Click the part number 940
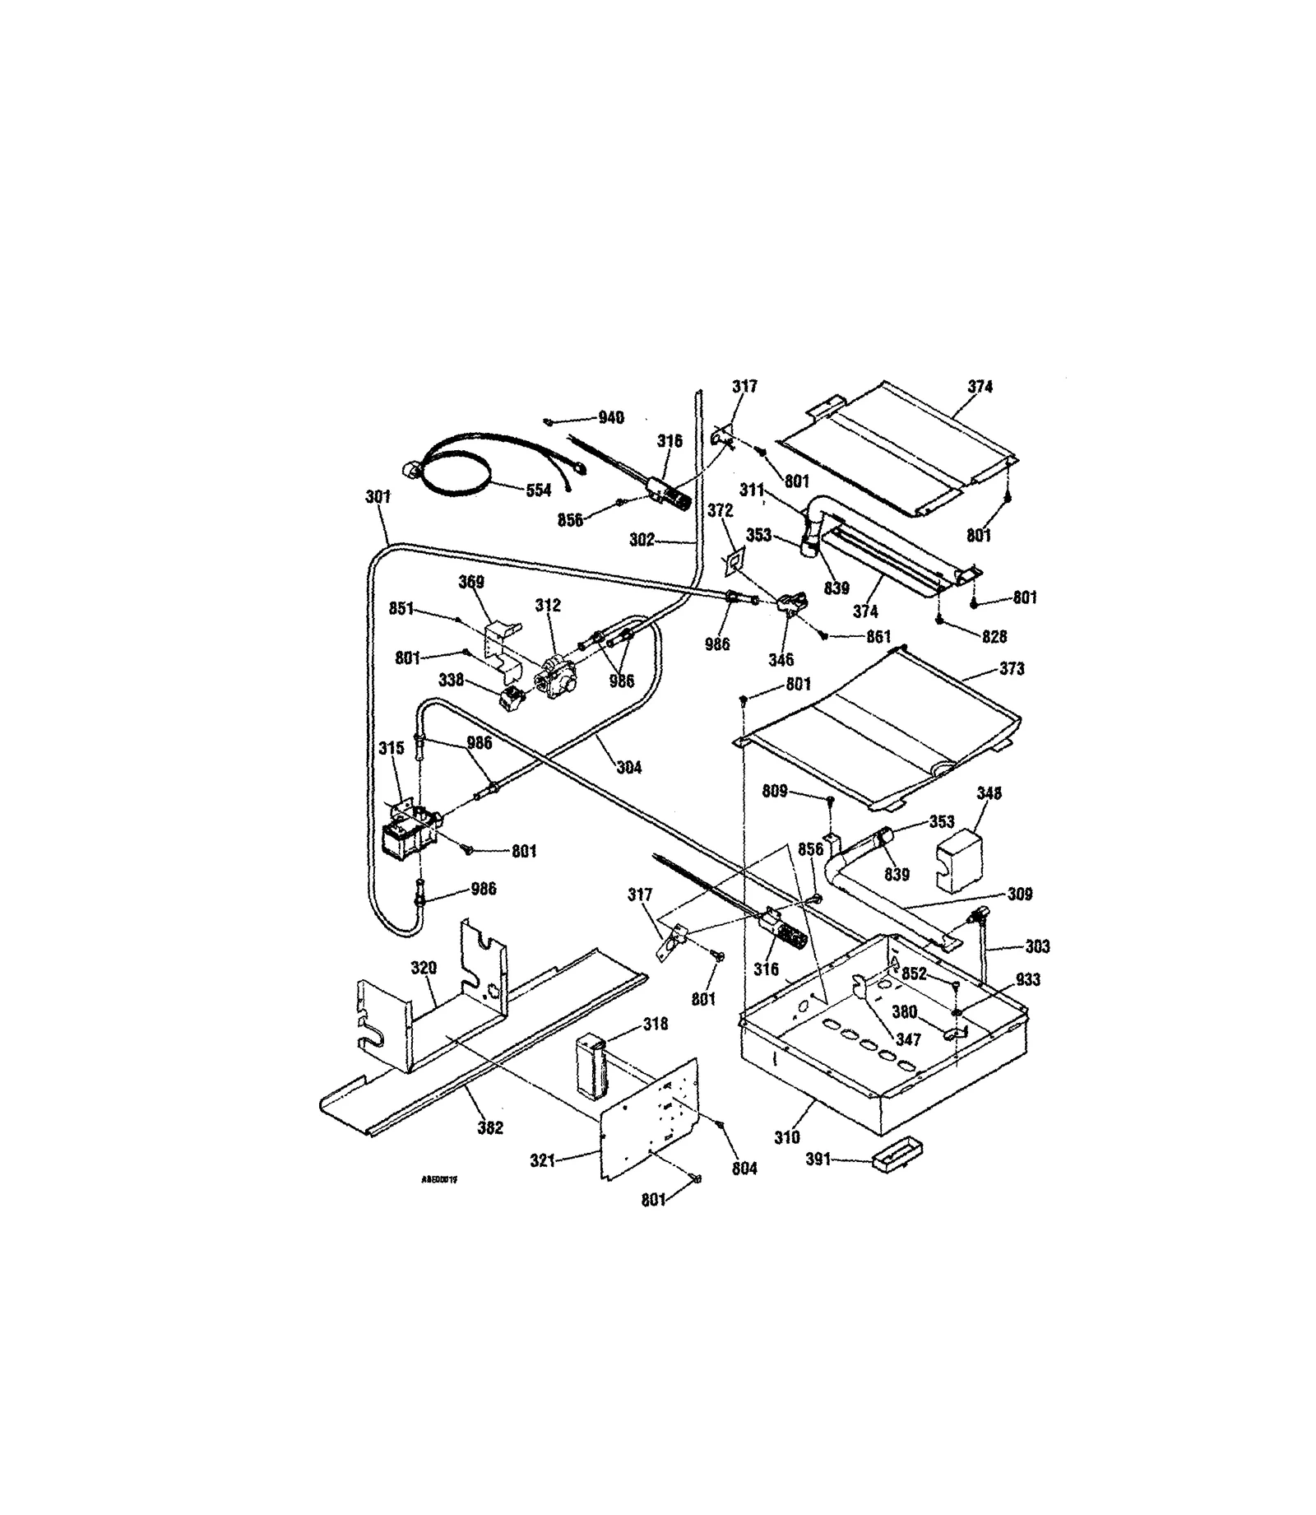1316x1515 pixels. pyautogui.click(x=610, y=418)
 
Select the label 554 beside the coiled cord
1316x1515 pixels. pyautogui.click(x=538, y=490)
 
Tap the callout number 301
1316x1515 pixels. pyautogui.click(x=378, y=497)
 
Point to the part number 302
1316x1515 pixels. pyautogui.click(x=642, y=540)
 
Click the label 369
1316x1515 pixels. pyautogui.click(x=471, y=582)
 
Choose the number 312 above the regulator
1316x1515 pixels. pyautogui.click(x=548, y=606)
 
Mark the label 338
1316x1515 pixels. pyautogui.click(x=451, y=681)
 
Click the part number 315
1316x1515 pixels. pyautogui.click(x=392, y=748)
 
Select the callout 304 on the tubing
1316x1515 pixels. pyautogui.click(x=628, y=768)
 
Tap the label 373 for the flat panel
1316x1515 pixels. pyautogui.click(x=1012, y=669)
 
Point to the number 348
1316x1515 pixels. pyautogui.click(x=989, y=793)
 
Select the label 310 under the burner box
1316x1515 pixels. pyautogui.click(x=787, y=1138)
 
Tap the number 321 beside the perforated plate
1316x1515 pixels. pyautogui.click(x=543, y=1160)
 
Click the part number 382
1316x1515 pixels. pyautogui.click(x=490, y=1128)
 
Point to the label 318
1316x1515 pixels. pyautogui.click(x=656, y=1025)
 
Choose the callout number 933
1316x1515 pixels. pyautogui.click(x=1028, y=979)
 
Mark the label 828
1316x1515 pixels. pyautogui.click(x=994, y=636)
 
